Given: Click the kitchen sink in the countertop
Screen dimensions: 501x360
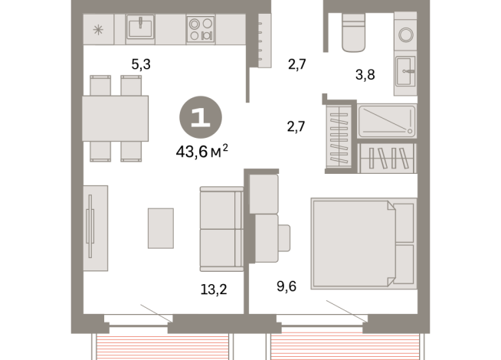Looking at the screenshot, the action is point(140,27).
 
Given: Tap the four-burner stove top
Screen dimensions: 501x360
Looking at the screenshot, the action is point(201,29).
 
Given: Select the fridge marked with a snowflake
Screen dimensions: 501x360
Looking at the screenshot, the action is point(98,29).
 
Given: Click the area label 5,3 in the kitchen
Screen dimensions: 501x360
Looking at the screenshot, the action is point(141,64).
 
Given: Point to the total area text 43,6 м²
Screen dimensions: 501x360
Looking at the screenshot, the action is point(202,151).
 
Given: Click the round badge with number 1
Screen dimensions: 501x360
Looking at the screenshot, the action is point(201,117).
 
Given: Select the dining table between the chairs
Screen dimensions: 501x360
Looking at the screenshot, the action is point(116,118).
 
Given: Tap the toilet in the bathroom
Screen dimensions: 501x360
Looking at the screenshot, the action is point(353,33).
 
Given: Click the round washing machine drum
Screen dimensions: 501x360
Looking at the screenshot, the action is point(406,34).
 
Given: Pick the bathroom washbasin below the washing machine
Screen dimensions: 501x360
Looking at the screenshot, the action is point(405,71).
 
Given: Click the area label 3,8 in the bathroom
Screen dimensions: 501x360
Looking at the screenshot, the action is point(365,75).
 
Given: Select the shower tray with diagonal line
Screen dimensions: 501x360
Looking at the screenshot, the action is point(387,121).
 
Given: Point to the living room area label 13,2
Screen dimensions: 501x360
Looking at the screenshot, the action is point(214,290).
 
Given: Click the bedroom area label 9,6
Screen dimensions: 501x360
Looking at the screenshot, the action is point(287,286).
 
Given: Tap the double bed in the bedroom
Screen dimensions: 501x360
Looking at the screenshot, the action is point(364,244).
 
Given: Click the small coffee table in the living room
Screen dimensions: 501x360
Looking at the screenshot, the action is point(161,228).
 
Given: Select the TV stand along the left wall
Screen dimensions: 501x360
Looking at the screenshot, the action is point(96,228).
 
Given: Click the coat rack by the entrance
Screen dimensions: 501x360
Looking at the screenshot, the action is point(264,41).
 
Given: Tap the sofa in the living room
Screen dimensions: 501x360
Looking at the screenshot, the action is point(221,229).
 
